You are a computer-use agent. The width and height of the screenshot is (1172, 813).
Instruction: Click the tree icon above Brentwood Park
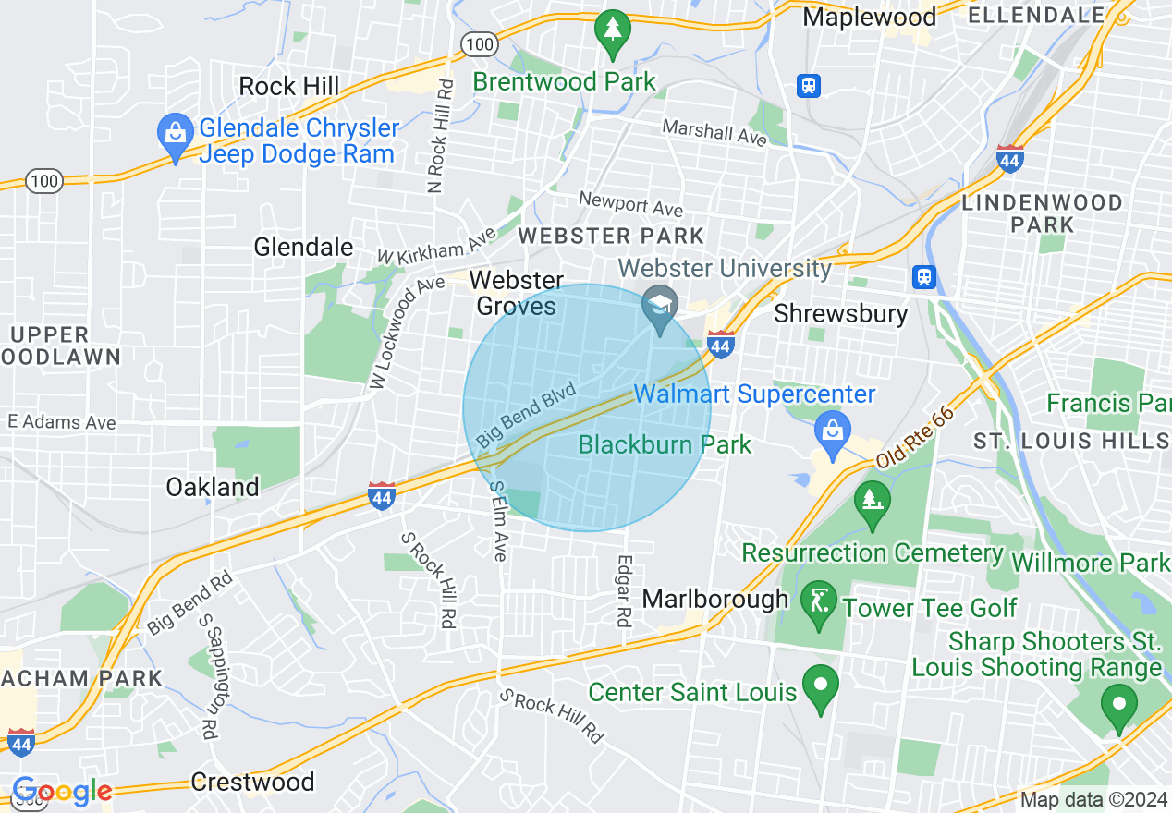[x=612, y=30]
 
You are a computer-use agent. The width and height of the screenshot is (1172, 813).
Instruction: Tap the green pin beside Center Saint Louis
[x=819, y=688]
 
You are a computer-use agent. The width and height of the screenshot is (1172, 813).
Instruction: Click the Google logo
[x=61, y=792]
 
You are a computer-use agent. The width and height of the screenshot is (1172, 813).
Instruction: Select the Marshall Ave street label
[x=714, y=132]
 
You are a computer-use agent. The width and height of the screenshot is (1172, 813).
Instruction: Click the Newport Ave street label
[x=630, y=203]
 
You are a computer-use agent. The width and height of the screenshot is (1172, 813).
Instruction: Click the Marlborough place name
[x=715, y=599]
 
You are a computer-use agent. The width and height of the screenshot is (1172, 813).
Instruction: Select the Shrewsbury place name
[x=841, y=313]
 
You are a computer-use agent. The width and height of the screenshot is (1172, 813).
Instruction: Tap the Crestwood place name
[x=252, y=782]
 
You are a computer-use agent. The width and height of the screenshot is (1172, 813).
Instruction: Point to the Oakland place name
[x=213, y=487]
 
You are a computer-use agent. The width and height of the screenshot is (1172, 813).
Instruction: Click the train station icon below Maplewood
[x=809, y=86]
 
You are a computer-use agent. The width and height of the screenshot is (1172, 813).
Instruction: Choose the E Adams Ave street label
[x=62, y=423]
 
